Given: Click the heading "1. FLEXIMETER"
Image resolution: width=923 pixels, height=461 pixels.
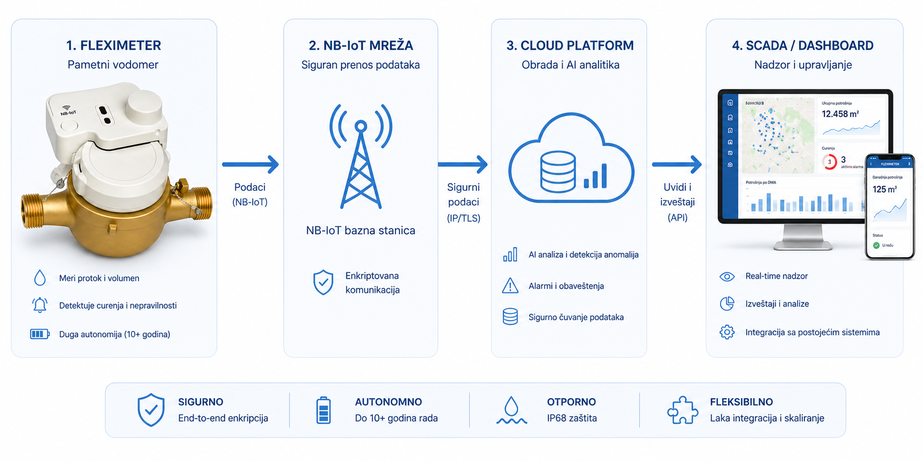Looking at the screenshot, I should (113, 46).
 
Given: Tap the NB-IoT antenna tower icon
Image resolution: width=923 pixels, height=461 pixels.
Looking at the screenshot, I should (361, 156).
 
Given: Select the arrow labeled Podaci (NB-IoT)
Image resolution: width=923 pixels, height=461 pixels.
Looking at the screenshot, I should (250, 164).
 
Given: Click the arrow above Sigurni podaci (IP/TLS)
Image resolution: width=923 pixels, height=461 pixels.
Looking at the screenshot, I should (463, 164).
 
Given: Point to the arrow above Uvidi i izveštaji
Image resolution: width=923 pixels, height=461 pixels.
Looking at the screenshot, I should (676, 164).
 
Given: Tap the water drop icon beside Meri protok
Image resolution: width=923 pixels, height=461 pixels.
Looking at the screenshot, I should (40, 278).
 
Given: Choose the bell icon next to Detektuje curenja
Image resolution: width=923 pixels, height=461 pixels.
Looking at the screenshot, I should (40, 305).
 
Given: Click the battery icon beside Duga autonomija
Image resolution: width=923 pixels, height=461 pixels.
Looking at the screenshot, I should (40, 334).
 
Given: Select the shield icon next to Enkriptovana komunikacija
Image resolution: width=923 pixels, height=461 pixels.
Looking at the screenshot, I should (323, 282).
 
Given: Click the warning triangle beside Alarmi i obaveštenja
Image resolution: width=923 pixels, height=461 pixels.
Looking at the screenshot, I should (510, 286).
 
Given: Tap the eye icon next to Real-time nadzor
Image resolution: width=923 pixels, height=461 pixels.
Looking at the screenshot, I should (727, 276).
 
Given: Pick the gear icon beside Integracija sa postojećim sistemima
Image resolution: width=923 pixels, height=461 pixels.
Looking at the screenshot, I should (727, 332).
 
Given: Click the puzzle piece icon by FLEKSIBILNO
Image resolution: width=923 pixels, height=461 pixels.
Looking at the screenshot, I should (682, 410).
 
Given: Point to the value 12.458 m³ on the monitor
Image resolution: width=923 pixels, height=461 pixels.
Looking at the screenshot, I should (840, 114).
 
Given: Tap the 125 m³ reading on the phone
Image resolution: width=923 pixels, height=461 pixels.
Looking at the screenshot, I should (884, 190).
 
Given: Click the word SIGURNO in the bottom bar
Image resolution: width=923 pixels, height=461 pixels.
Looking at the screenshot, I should (200, 402).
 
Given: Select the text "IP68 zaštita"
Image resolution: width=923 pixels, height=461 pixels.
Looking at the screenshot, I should (571, 418).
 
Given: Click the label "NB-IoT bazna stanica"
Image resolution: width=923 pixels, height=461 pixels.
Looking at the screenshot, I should (361, 231).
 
